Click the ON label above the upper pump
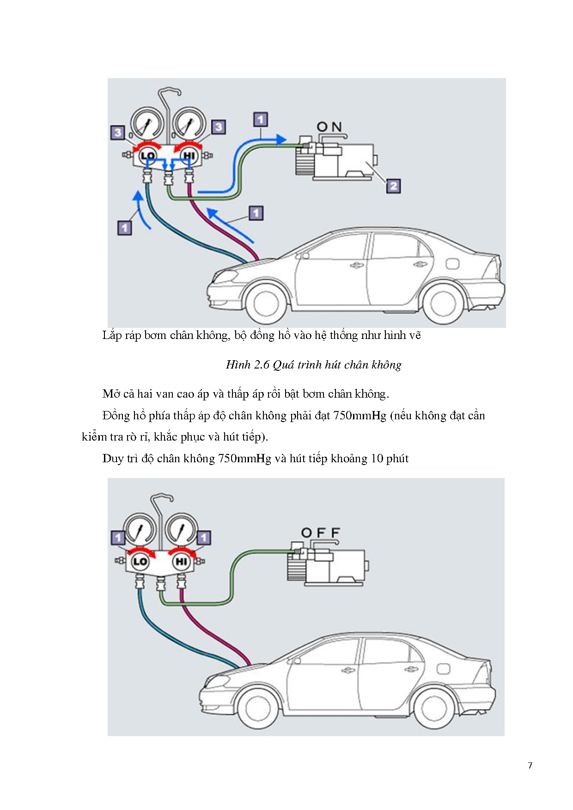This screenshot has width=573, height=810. [x=329, y=127]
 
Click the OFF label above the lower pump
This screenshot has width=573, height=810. [x=320, y=533]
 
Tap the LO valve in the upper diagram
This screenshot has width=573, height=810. [x=148, y=156]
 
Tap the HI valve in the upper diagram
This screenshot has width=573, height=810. [x=189, y=156]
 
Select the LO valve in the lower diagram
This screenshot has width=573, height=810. [x=140, y=562]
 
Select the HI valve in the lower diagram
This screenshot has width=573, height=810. [x=181, y=562]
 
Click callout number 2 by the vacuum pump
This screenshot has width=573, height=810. [x=393, y=186]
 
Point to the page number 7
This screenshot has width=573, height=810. [x=530, y=766]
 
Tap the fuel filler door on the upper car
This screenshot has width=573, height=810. [x=452, y=264]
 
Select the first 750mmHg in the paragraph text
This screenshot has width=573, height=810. [x=360, y=416]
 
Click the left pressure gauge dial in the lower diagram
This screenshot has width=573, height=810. [x=140, y=530]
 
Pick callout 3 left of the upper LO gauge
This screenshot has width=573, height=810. [x=117, y=133]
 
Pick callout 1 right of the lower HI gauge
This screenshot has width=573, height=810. [x=204, y=538]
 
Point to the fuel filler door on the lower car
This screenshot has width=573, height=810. [x=443, y=669]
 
